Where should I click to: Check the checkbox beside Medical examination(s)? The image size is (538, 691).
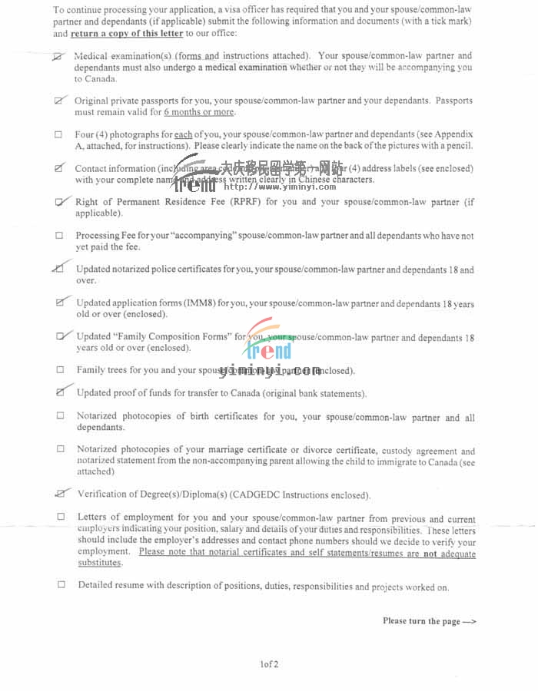(x=59, y=57)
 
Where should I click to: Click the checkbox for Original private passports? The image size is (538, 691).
(x=59, y=101)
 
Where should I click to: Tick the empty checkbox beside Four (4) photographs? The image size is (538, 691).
(x=59, y=134)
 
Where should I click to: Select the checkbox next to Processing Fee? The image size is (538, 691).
(x=59, y=236)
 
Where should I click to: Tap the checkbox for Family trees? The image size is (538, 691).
(x=60, y=370)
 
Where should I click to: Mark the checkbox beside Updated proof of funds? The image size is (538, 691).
(x=61, y=392)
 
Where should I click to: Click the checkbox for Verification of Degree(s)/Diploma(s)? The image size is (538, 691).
(x=61, y=494)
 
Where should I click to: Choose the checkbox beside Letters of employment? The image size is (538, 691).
(x=61, y=517)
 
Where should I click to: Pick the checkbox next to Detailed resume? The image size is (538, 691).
(x=61, y=584)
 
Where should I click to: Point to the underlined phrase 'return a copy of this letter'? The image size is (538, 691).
(x=127, y=34)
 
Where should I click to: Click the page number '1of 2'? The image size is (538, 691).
(x=269, y=664)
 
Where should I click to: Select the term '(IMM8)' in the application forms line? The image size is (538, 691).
(x=201, y=303)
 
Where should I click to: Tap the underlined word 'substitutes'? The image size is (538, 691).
(x=100, y=563)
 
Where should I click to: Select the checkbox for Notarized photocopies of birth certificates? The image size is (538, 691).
(x=61, y=416)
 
